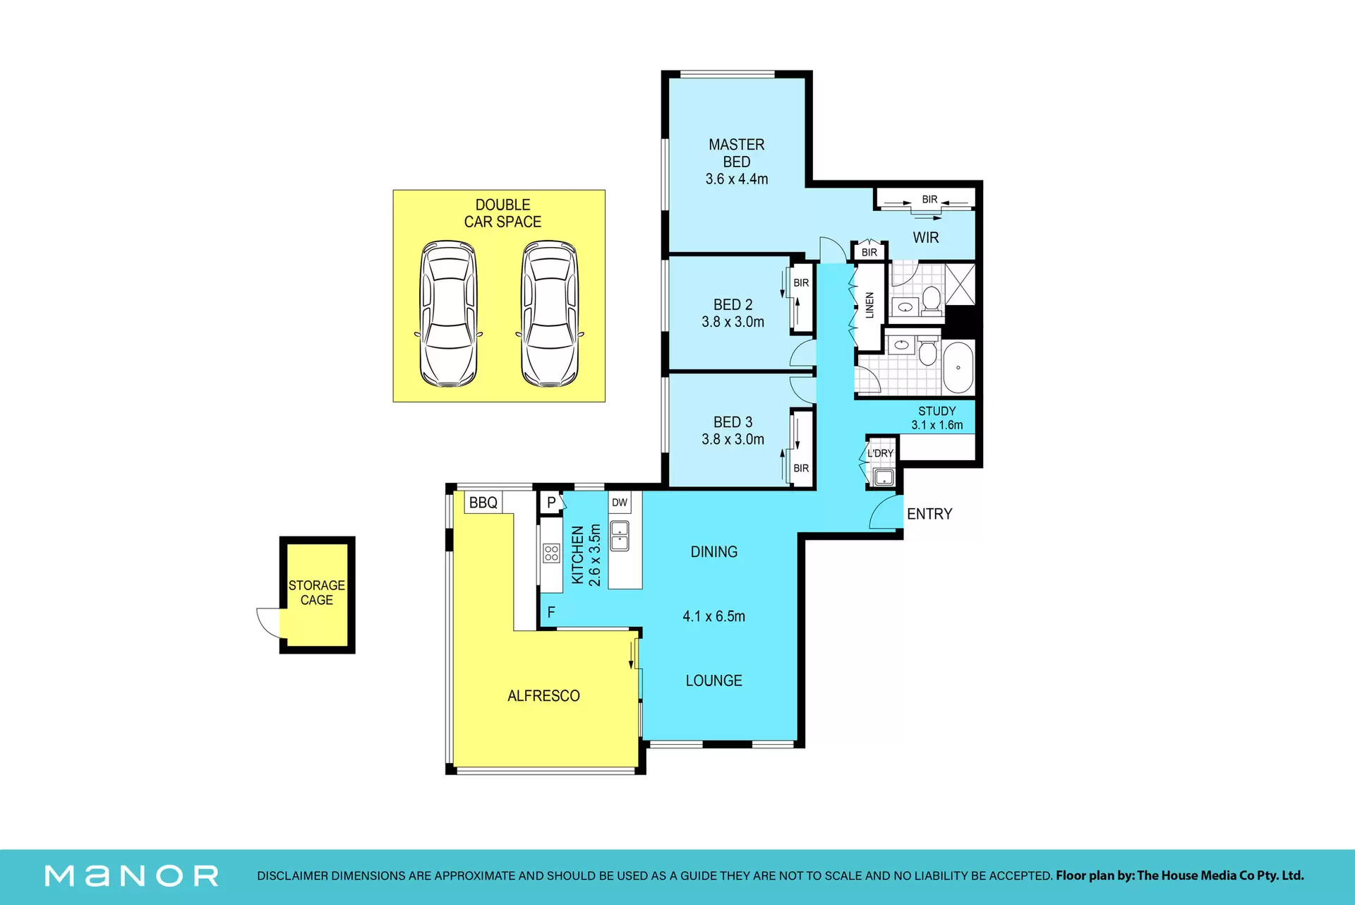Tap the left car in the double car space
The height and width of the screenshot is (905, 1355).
pos(448,314)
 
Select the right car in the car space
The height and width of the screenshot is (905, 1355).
pos(550,314)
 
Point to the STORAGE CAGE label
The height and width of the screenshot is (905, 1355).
pos(317,593)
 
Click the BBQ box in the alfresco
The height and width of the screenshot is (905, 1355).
pos(483,503)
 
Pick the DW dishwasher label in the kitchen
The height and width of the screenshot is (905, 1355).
pos(620,503)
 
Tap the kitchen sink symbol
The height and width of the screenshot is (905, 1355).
pos(620,536)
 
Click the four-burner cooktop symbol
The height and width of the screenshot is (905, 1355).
pos(551,553)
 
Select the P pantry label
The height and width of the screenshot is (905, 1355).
pos(551,503)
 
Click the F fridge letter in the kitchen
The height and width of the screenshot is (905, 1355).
pos(551,612)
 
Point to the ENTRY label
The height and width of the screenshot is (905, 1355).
pos(929,514)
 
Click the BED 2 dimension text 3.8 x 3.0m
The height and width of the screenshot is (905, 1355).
pos(733,322)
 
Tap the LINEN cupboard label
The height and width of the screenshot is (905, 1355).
pos(869,305)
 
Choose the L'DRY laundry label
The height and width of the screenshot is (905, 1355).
pos(880,453)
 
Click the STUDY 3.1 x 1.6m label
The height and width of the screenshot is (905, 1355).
pos(937,418)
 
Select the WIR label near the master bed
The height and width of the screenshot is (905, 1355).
pos(926,238)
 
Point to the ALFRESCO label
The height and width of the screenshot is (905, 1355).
pos(543,696)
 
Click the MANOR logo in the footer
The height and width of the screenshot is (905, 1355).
pos(131,876)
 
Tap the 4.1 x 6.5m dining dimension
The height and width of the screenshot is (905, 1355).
pos(713,616)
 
